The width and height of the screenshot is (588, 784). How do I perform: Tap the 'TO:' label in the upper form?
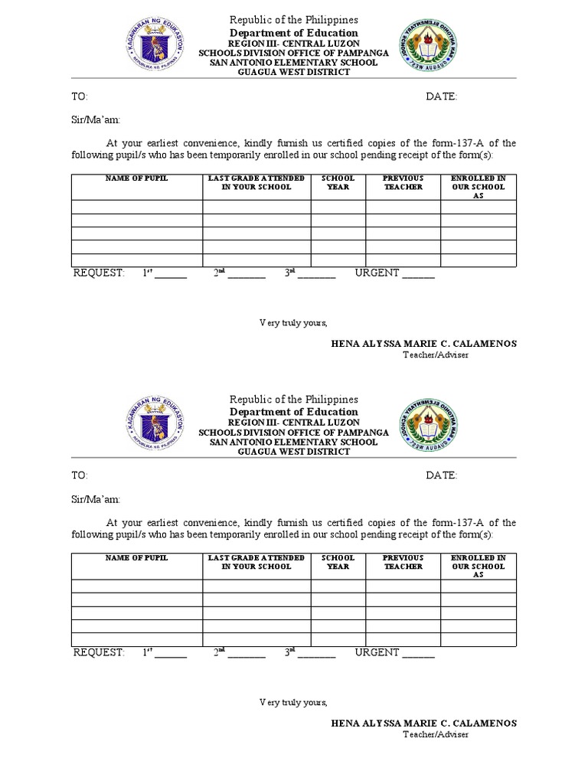pyautogui.click(x=80, y=96)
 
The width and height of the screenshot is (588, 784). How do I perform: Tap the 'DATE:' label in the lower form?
pyautogui.click(x=442, y=475)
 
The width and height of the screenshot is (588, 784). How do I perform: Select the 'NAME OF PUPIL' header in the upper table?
pyautogui.click(x=137, y=178)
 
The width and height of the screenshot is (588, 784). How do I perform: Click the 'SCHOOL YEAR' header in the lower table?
pyautogui.click(x=338, y=562)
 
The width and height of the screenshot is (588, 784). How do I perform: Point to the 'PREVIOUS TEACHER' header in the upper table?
pyautogui.click(x=403, y=182)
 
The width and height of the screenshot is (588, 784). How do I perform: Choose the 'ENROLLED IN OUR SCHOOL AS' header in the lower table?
pyautogui.click(x=479, y=566)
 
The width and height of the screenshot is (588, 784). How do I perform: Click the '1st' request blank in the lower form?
pyautogui.click(x=171, y=653)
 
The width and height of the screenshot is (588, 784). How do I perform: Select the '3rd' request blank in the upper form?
pyautogui.click(x=316, y=274)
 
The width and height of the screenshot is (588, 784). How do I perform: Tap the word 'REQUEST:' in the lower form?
pyautogui.click(x=98, y=652)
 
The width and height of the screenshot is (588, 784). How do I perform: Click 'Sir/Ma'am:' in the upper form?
pyautogui.click(x=96, y=119)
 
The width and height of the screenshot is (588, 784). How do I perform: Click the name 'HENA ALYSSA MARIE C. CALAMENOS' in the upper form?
pyautogui.click(x=423, y=344)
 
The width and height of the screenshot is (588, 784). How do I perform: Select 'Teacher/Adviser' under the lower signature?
pyautogui.click(x=436, y=734)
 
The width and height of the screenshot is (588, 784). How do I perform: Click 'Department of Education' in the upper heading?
pyautogui.click(x=294, y=33)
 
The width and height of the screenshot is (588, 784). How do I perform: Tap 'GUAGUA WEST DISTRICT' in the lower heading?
pyautogui.click(x=294, y=452)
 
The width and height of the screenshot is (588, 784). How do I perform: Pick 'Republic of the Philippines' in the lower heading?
pyautogui.click(x=294, y=400)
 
